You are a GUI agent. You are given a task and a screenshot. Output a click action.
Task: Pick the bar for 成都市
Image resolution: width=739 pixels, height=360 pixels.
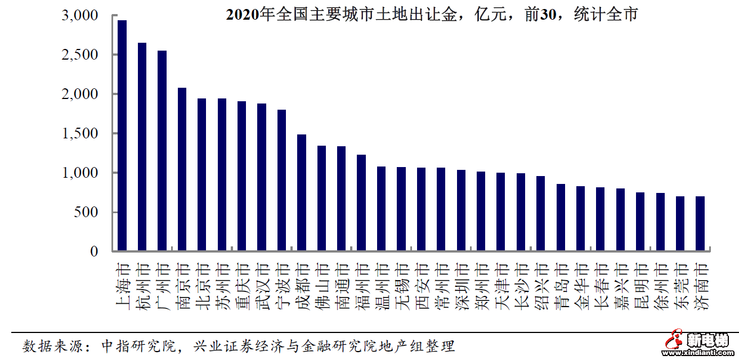tap(302, 192)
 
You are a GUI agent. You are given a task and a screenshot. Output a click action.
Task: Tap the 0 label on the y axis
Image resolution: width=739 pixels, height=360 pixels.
tap(94, 251)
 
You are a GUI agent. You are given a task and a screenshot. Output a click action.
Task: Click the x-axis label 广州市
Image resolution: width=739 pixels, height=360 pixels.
tap(162, 286)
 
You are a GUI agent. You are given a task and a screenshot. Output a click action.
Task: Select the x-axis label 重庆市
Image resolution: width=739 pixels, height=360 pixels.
tap(242, 286)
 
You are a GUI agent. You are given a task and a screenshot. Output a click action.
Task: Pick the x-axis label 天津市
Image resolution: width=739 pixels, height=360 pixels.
tap(501, 286)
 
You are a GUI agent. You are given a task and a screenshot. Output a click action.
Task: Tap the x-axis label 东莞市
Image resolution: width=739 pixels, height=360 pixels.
tap(680, 286)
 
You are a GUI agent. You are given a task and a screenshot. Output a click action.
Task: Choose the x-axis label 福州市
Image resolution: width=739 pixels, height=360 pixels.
tap(361, 286)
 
